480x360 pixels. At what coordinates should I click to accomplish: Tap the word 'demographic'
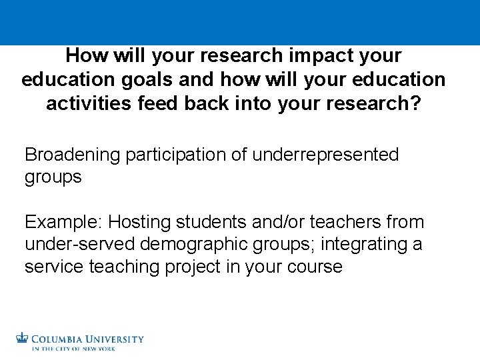click(x=198, y=244)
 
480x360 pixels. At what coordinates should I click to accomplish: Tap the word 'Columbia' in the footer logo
click(x=59, y=338)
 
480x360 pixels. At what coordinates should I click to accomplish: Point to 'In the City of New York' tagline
click(x=73, y=349)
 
